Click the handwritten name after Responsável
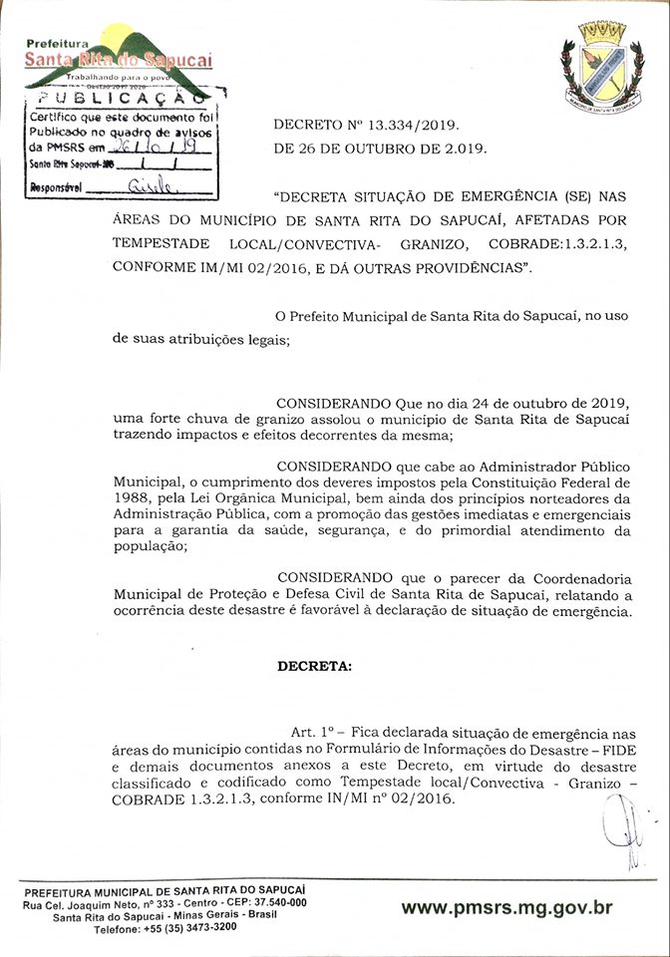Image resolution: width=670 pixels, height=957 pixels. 150,186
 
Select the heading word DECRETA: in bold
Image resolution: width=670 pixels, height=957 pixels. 314,666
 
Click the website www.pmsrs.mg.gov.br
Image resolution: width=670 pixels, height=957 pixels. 506,907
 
